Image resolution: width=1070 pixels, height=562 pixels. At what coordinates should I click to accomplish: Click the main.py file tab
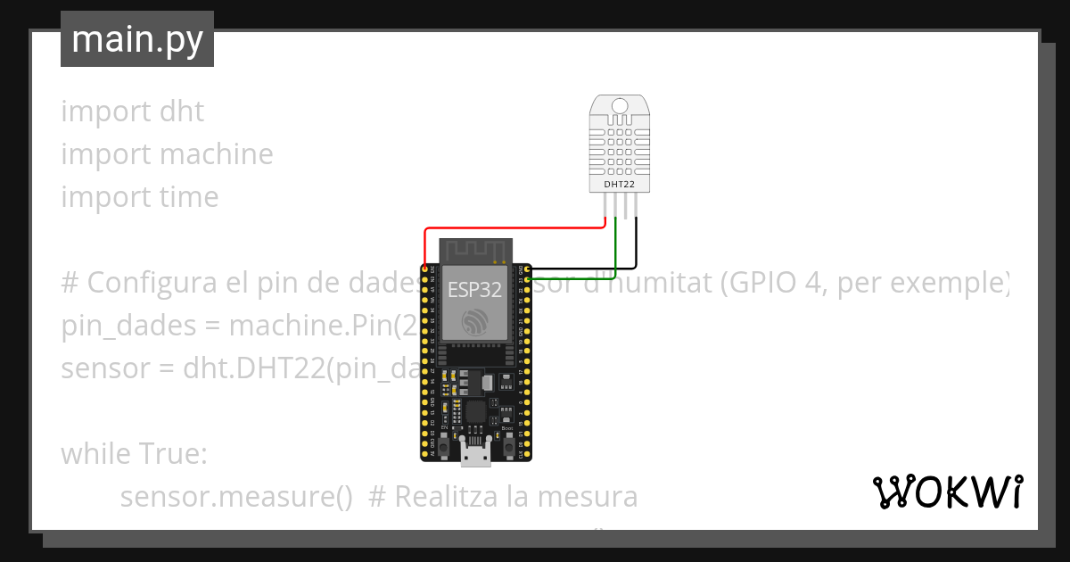(136, 39)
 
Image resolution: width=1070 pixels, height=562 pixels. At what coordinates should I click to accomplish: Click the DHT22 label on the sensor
(621, 184)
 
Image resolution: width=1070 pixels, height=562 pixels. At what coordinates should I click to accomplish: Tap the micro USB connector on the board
(475, 455)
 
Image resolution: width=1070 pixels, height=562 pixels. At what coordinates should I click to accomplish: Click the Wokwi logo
(947, 492)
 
